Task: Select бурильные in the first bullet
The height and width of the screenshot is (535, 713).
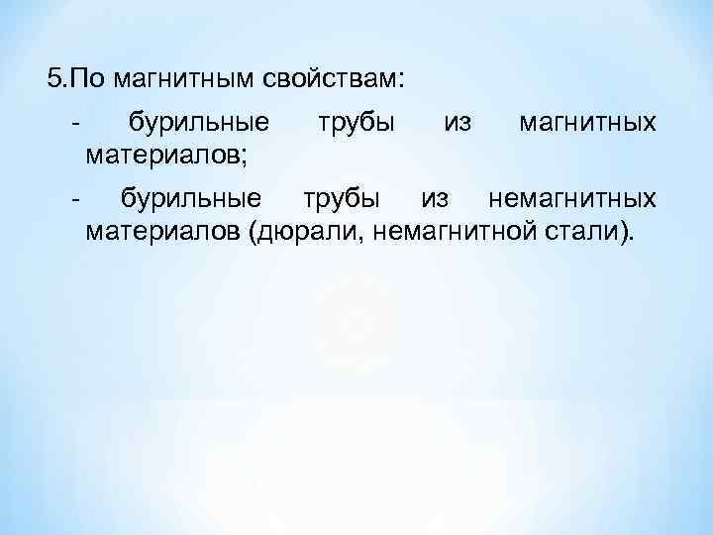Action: coord(199,124)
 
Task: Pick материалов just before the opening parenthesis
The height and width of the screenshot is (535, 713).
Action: coord(163,233)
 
